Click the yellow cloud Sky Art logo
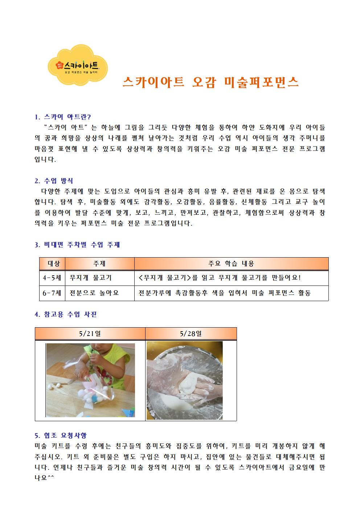pyautogui.click(x=78, y=65)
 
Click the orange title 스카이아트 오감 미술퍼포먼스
pyautogui.click(x=210, y=82)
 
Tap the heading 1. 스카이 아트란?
pyautogui.click(x=63, y=117)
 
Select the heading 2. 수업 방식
pyautogui.click(x=54, y=181)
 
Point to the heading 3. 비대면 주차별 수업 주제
pyautogui.click(x=77, y=245)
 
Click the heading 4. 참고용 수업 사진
pyautogui.click(x=66, y=314)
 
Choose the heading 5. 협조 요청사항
pyautogui.click(x=61, y=435)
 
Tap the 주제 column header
pyautogui.click(x=99, y=264)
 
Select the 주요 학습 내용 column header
pyautogui.click(x=231, y=264)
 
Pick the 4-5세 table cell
pyautogui.click(x=52, y=278)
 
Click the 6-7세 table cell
pyautogui.click(x=52, y=293)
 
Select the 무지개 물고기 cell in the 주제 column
pyautogui.click(x=90, y=278)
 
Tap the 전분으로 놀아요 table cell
pyautogui.click(x=94, y=293)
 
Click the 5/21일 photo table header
pyautogui.click(x=90, y=333)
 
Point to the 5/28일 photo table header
pyautogui.click(x=191, y=333)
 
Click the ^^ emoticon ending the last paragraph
pyautogui.click(x=51, y=477)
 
